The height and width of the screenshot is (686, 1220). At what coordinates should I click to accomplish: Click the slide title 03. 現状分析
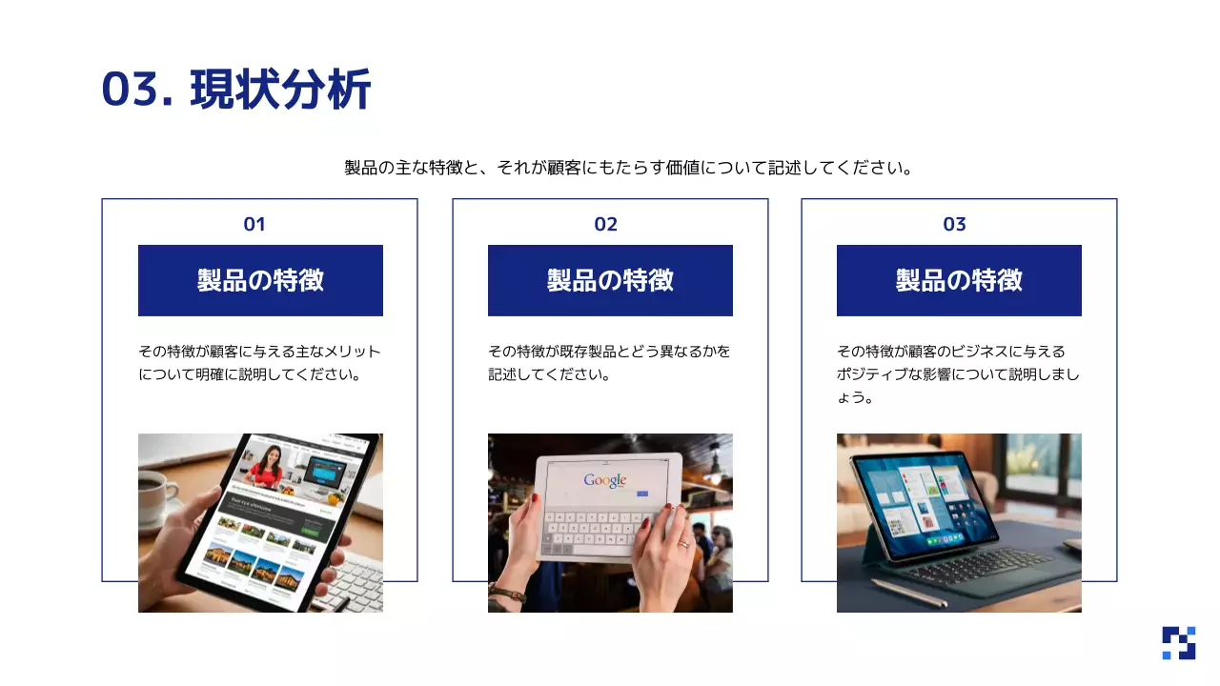click(236, 91)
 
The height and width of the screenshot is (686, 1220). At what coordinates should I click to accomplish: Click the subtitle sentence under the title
click(629, 169)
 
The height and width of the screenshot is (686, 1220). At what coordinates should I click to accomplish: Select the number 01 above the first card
click(254, 225)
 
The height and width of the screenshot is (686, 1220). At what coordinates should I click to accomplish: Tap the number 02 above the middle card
click(606, 225)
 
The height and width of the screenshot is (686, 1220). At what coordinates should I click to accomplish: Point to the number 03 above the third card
click(955, 225)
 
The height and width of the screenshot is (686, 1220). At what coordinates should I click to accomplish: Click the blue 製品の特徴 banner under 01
click(260, 280)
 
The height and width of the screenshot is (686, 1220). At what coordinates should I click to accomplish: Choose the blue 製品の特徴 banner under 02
click(610, 280)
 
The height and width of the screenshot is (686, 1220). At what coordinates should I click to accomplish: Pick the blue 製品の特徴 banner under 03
click(959, 280)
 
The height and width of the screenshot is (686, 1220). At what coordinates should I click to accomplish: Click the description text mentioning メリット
click(259, 363)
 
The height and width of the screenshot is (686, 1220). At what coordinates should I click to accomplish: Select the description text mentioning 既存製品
click(609, 363)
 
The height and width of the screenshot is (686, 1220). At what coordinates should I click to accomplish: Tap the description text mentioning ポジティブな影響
click(958, 374)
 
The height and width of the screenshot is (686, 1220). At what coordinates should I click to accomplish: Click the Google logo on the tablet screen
click(605, 480)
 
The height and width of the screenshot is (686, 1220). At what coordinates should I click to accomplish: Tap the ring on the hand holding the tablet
click(683, 544)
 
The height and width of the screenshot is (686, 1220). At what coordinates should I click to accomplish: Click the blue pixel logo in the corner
click(1178, 643)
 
